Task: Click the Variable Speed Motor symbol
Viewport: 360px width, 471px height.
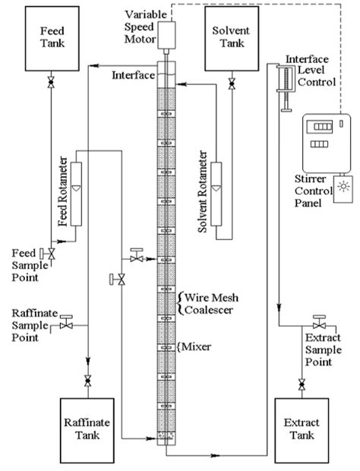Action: (165, 33)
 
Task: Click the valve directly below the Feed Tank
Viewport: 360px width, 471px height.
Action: (50, 81)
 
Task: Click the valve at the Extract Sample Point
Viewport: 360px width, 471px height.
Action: (317, 324)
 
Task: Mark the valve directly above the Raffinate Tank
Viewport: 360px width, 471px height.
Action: (88, 379)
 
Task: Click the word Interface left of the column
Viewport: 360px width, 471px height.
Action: (134, 75)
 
